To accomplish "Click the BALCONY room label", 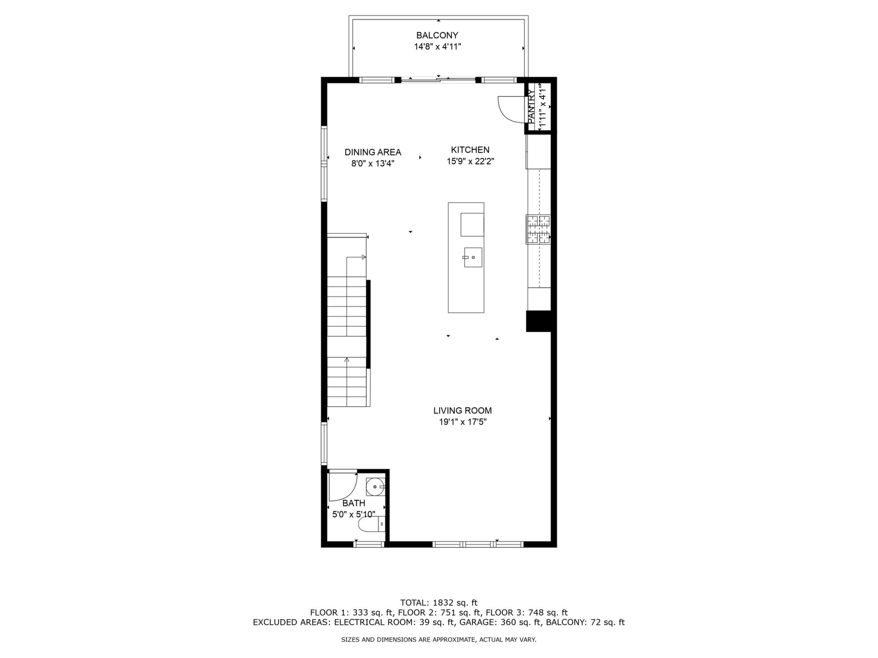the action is [437, 35].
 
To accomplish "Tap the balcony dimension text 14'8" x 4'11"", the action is [437, 47].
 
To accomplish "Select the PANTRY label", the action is [531, 106].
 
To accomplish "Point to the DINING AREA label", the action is [373, 152].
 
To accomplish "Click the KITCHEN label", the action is [470, 149].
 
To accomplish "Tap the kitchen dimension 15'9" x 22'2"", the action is [470, 161].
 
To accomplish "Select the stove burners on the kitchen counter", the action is [538, 229].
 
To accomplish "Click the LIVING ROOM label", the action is [462, 410].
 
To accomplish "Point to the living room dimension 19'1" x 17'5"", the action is [462, 422].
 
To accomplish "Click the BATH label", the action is [353, 503].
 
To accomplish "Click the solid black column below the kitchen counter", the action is [539, 321].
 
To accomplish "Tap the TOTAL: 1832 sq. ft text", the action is [439, 603].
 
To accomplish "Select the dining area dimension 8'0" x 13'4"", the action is [373, 164].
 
